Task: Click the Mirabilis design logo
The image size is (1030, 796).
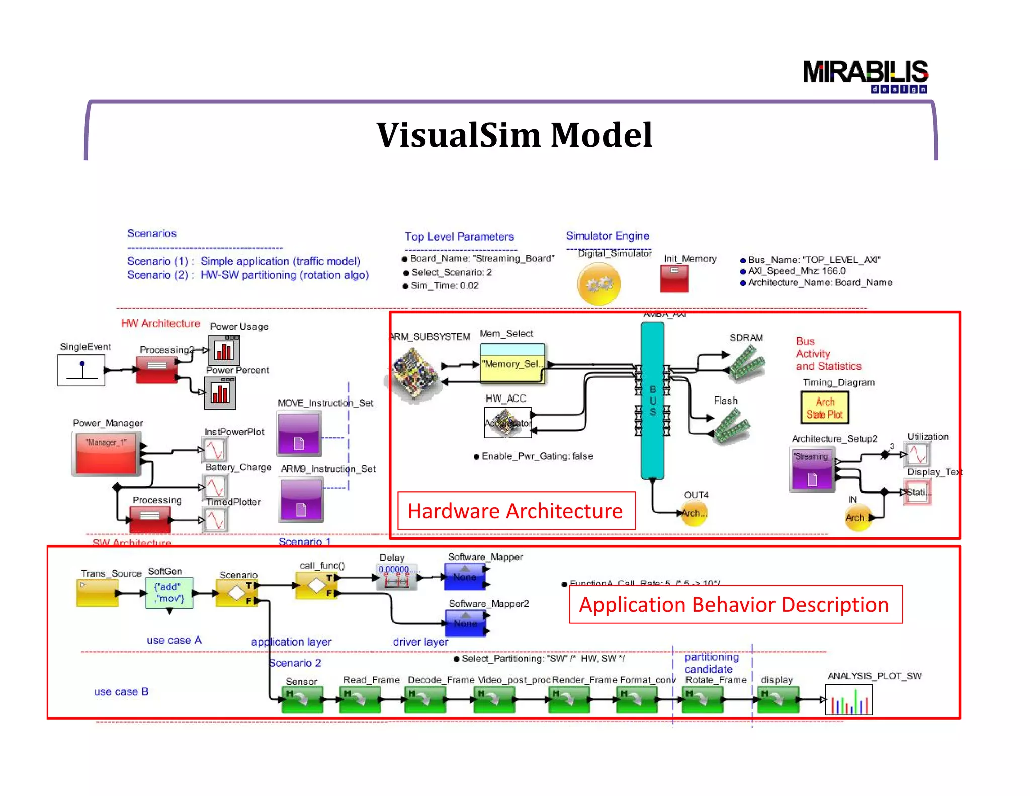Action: click(x=865, y=75)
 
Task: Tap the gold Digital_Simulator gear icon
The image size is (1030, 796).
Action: click(x=598, y=284)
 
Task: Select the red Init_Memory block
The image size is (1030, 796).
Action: click(x=674, y=279)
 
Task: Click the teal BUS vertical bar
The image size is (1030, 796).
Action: click(x=652, y=400)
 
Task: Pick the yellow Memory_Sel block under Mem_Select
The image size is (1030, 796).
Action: click(x=512, y=363)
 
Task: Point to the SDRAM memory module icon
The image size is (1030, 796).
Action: click(x=747, y=361)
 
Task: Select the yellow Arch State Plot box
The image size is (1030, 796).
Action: click(x=824, y=408)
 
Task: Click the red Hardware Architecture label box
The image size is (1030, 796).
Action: click(x=516, y=511)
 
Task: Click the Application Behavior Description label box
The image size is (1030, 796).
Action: click(x=735, y=604)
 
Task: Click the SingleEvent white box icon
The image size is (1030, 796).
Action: click(x=81, y=370)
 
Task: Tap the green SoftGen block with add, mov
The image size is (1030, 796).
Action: click(x=169, y=593)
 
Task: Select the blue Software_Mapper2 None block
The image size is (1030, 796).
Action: click(x=465, y=623)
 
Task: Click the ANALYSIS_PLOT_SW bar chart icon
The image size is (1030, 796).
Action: click(x=848, y=700)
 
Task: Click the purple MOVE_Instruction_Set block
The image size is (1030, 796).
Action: click(x=299, y=434)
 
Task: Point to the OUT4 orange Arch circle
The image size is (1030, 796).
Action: click(x=694, y=513)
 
